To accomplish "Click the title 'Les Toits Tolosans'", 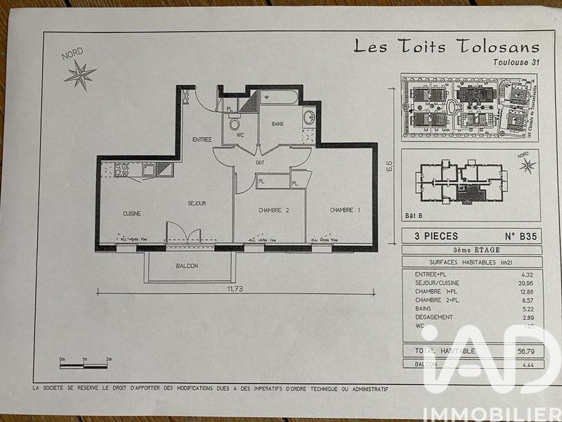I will pos(446,47).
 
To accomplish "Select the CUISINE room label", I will pos(132,213).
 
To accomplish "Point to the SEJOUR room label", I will pos(197,203).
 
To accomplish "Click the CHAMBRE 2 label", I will pos(273,210).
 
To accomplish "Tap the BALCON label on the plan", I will pos(187,266).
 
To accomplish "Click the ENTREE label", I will pos(202,139).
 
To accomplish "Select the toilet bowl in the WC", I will pos(235,125).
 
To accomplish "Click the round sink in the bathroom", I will pos(308,117).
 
